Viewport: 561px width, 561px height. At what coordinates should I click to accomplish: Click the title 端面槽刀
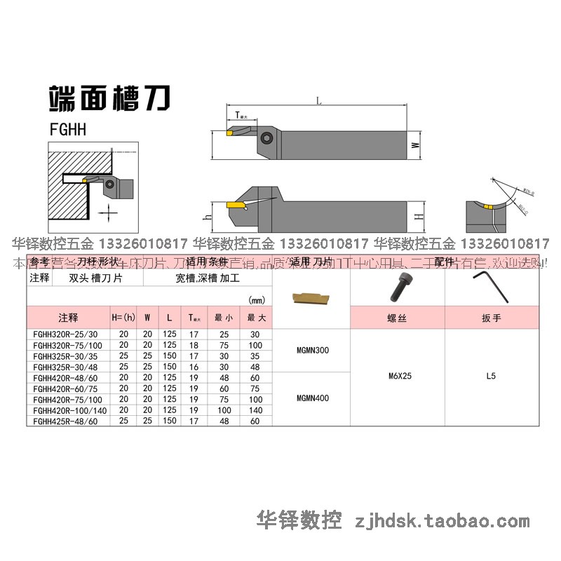pyautogui.click(x=108, y=99)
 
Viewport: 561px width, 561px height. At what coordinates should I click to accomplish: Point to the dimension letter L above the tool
pyautogui.click(x=319, y=101)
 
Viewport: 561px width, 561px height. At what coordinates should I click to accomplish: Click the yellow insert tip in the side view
pyautogui.click(x=235, y=205)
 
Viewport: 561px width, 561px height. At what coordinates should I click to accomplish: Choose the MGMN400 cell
pyautogui.click(x=311, y=398)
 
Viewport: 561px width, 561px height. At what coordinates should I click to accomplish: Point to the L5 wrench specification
pyautogui.click(x=490, y=376)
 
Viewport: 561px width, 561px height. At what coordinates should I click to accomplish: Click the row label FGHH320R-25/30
pyautogui.click(x=66, y=334)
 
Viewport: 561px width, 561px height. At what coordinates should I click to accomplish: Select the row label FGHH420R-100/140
pyautogui.click(x=68, y=410)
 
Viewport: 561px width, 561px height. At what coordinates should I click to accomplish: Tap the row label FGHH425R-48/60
pyautogui.click(x=66, y=421)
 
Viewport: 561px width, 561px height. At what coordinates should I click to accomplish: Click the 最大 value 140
pyautogui.click(x=255, y=410)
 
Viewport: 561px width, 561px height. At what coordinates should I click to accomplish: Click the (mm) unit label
pyautogui.click(x=257, y=300)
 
